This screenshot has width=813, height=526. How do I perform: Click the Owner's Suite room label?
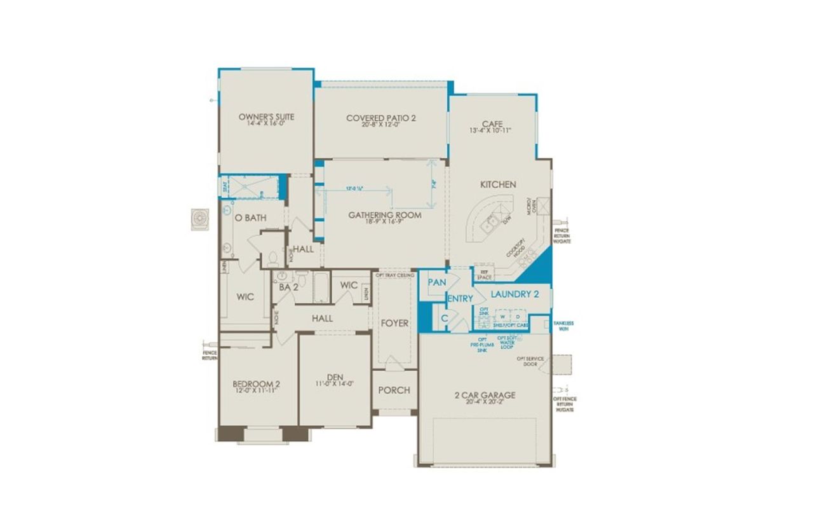coord(266,117)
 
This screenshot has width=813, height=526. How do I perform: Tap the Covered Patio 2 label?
coord(381,118)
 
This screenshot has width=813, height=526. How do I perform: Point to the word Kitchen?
coord(498,184)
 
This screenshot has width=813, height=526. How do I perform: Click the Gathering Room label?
coord(384,215)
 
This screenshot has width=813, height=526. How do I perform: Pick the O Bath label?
coord(250,218)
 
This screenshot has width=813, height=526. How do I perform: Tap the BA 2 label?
coord(288,287)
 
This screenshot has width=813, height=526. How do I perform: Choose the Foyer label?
coord(394,323)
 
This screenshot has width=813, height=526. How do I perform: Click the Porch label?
coord(394,390)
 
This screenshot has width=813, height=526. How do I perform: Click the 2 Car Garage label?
coord(485,395)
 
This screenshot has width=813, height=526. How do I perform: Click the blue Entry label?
coord(460,299)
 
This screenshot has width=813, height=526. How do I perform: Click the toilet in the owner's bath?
coord(272,258)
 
